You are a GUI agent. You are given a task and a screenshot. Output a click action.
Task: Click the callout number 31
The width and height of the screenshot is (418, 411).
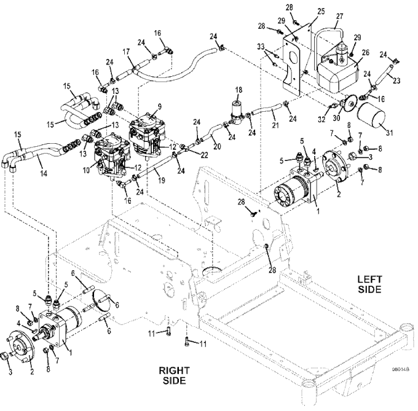point(390,132)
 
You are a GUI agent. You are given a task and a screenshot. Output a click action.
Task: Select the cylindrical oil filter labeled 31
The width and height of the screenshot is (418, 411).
point(371,117)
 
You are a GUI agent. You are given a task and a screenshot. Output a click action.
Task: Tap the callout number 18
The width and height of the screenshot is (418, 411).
point(239,90)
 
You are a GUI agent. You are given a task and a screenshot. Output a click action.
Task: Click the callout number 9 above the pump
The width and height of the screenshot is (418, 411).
point(159,107)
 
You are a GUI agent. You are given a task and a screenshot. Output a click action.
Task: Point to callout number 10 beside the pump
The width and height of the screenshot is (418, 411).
point(86,170)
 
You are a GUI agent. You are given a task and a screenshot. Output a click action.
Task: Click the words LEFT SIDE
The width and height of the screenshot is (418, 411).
point(370,284)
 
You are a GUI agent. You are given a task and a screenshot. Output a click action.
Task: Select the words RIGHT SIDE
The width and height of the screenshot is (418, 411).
point(175,375)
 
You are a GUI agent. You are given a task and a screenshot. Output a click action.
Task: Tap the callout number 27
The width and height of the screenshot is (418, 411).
point(339,16)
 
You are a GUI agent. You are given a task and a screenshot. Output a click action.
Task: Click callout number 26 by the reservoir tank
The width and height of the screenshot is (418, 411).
point(366,52)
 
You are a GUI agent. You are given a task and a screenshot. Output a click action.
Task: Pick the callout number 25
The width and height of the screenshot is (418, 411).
point(321,12)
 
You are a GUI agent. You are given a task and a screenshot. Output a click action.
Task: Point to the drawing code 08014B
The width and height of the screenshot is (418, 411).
point(400,369)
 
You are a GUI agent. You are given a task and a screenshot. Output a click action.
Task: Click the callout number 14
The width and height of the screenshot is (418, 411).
point(44,173)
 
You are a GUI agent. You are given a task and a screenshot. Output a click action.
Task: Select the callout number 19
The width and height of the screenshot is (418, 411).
point(161,181)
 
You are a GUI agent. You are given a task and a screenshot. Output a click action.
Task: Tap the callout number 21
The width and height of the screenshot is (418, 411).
point(275,125)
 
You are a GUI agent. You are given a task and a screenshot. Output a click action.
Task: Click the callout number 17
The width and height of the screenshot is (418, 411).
point(127,52)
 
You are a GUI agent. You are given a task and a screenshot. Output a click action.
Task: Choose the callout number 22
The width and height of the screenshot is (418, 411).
point(204,155)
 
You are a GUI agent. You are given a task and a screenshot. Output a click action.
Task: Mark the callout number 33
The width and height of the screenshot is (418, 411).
point(261,47)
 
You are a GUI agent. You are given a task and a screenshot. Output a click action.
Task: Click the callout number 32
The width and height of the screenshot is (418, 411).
point(321,119)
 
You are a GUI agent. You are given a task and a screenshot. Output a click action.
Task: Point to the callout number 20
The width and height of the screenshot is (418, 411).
point(217,146)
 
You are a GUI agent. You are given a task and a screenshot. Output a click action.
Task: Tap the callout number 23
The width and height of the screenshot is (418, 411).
point(396,80)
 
